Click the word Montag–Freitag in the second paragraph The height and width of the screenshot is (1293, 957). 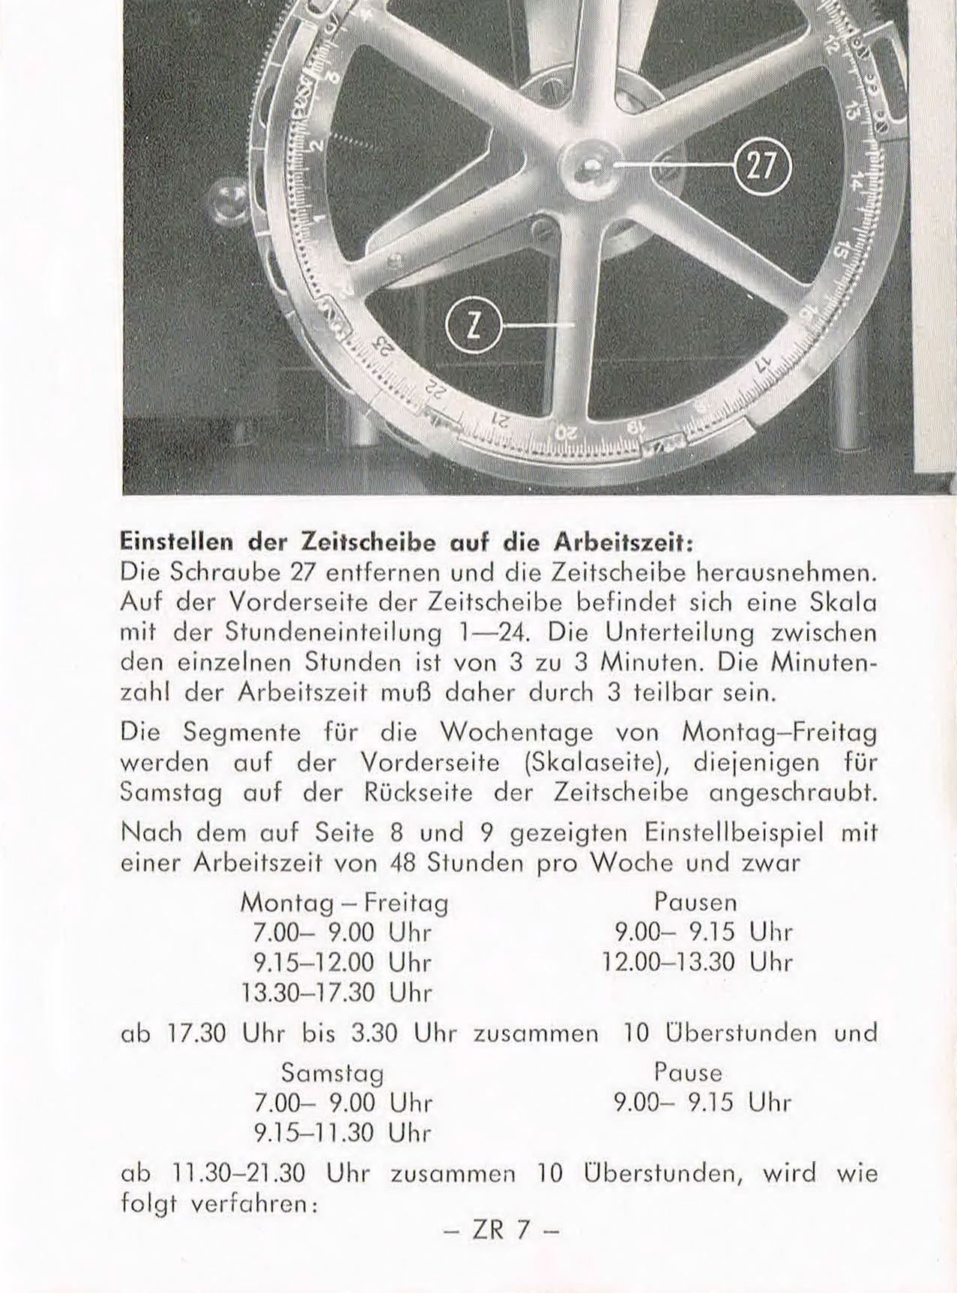[779, 732]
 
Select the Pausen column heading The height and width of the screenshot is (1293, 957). [695, 900]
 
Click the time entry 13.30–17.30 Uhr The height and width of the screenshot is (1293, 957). [336, 993]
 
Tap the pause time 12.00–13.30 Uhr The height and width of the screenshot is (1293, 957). [698, 962]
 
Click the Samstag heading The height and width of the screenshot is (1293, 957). [333, 1073]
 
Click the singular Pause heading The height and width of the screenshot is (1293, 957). [688, 1073]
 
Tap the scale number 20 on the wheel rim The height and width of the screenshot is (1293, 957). [567, 432]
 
